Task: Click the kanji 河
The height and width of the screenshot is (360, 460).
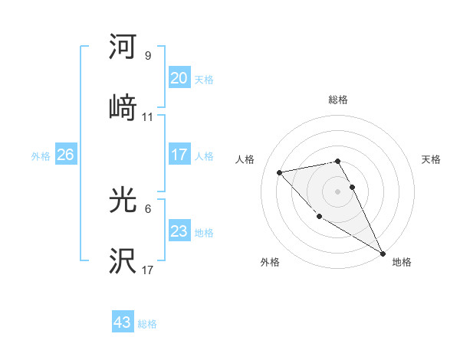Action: [123, 47]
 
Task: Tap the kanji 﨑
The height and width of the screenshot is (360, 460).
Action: [123, 108]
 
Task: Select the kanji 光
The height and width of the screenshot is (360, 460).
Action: [123, 200]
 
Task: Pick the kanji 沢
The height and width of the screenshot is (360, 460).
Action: [123, 261]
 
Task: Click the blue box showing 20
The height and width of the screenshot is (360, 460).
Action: [179, 78]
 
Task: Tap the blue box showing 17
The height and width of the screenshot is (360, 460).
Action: [179, 155]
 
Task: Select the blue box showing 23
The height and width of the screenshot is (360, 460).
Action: [179, 231]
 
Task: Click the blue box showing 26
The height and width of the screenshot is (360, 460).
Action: [65, 155]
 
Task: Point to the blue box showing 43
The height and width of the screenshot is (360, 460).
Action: [122, 322]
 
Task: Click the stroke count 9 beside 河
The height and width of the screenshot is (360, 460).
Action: [148, 56]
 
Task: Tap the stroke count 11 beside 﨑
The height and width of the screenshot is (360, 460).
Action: [148, 117]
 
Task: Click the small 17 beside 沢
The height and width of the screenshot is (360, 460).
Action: [148, 270]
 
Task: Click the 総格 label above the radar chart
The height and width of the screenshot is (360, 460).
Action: [338, 100]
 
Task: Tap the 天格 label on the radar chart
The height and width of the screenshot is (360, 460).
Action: [432, 159]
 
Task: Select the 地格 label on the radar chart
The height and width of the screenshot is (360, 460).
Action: [402, 262]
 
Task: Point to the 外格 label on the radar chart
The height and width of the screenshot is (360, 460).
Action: [270, 262]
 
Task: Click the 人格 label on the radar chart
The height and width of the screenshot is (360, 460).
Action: [245, 159]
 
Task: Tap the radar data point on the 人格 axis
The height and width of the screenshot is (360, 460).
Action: [280, 172]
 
